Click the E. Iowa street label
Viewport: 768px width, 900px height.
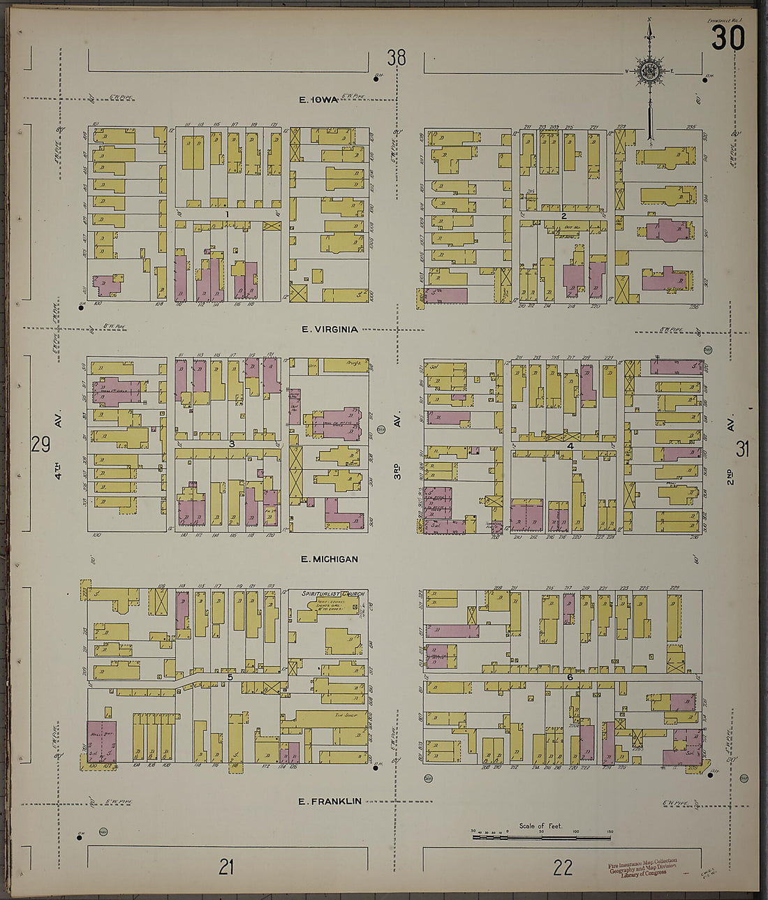(318, 100)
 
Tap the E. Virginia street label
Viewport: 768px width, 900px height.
(330, 329)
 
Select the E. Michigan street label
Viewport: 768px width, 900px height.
(330, 559)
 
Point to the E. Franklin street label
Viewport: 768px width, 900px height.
(330, 801)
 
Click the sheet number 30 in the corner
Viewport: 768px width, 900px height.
(728, 39)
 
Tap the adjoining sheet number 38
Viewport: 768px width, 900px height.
(396, 57)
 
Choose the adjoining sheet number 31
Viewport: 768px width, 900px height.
(742, 449)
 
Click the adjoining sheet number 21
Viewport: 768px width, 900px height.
(226, 867)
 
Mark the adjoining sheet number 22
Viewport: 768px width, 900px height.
(563, 867)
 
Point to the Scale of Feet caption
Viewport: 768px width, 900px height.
(540, 826)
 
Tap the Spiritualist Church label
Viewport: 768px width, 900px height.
(333, 593)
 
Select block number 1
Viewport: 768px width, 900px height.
(227, 214)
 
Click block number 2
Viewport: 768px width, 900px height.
(563, 216)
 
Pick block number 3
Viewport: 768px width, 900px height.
(231, 443)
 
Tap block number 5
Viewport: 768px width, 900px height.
(229, 677)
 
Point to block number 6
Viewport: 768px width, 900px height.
(569, 677)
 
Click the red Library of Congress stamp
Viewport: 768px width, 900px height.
(643, 866)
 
